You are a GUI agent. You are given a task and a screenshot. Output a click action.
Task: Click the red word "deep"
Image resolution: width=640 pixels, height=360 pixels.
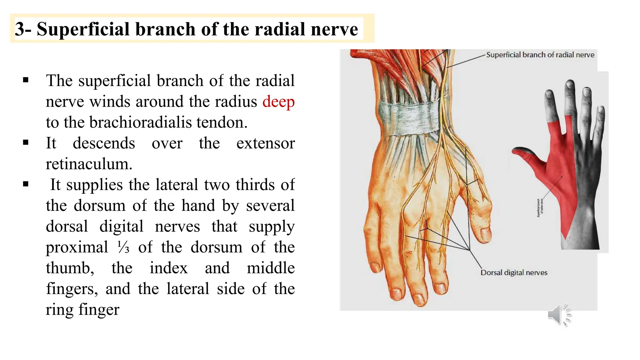[278, 102]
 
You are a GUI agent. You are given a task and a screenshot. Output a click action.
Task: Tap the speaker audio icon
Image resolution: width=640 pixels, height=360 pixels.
[559, 315]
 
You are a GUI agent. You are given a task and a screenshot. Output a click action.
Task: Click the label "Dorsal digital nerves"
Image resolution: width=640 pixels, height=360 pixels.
[514, 272]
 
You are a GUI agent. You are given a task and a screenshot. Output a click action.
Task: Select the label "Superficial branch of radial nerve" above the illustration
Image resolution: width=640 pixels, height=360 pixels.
[540, 55]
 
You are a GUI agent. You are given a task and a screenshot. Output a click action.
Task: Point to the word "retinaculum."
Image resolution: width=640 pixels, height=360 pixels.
[89, 164]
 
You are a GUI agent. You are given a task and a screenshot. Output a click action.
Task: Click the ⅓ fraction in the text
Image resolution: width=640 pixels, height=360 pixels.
[123, 247]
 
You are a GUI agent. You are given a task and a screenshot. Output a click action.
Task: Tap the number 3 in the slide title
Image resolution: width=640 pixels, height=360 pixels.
[19, 29]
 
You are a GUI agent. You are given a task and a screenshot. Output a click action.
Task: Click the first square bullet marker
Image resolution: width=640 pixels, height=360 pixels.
[26, 80]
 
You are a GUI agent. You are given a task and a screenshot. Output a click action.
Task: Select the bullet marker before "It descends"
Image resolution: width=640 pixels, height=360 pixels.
[26, 143]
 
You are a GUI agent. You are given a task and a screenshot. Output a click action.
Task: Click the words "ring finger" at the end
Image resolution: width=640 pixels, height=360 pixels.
[82, 310]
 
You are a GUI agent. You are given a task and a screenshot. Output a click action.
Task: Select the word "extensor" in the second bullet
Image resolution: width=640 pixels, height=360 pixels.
[265, 143]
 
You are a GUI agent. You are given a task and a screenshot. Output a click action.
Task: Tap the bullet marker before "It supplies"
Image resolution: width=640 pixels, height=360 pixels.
[26, 184]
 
